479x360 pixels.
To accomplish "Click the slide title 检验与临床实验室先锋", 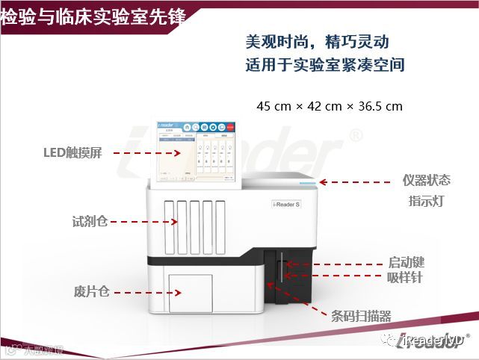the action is click(93, 17).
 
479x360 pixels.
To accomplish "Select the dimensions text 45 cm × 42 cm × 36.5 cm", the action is click(330, 106).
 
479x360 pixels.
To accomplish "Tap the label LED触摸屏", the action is click(72, 153).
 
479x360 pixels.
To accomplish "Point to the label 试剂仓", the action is click(90, 221).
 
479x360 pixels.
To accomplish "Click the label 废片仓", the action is click(92, 291).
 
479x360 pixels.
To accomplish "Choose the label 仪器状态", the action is click(427, 181).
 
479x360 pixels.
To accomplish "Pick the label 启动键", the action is click(406, 263).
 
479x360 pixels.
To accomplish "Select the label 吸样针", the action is click(406, 278).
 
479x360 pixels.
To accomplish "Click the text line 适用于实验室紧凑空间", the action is click(325, 64).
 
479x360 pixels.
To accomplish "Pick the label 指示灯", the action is click(427, 201).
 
